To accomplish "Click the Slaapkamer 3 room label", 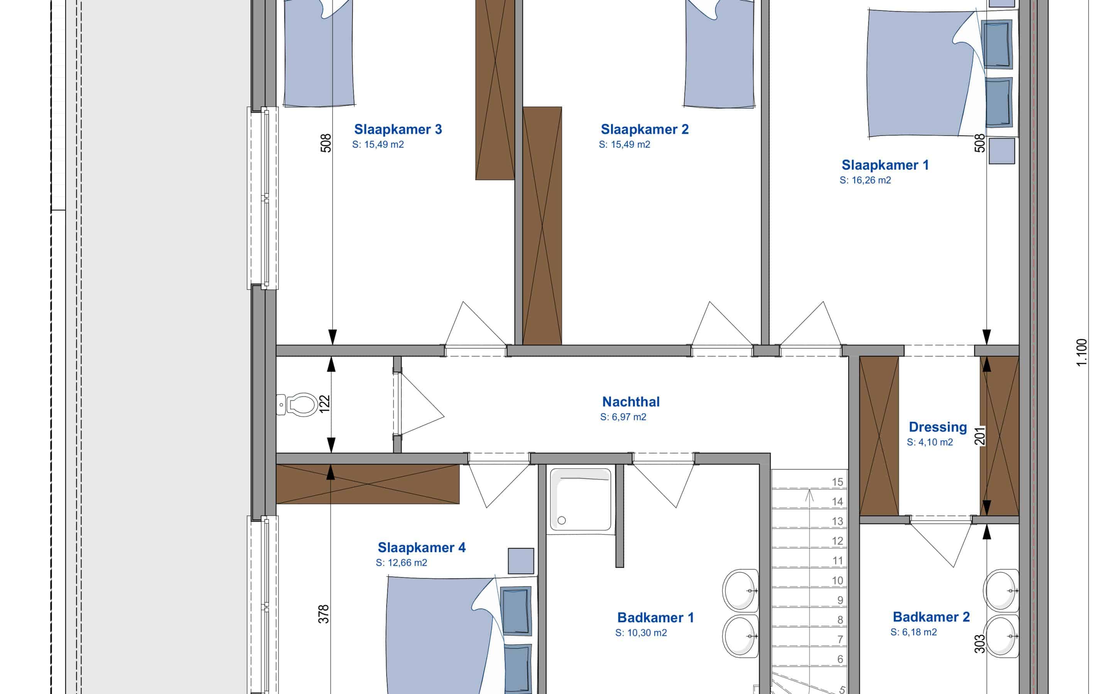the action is tap(398, 130).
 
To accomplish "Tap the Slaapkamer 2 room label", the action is tap(645, 130).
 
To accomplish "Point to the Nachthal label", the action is tap(631, 402).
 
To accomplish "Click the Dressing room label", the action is tap(937, 427).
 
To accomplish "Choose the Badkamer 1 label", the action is tap(655, 617).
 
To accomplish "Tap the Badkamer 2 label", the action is tap(931, 617).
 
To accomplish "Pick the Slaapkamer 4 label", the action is tap(421, 547).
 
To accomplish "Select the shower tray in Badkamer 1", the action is tap(580, 499).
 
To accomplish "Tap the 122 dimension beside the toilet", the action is tap(324, 404).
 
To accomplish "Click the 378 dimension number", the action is tap(324, 614).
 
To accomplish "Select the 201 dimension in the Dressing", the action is tap(980, 436).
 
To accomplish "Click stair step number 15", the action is tap(837, 482).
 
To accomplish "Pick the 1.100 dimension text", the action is tap(1082, 352).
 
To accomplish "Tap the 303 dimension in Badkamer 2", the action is tap(980, 643).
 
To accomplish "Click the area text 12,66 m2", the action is tap(401, 563).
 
